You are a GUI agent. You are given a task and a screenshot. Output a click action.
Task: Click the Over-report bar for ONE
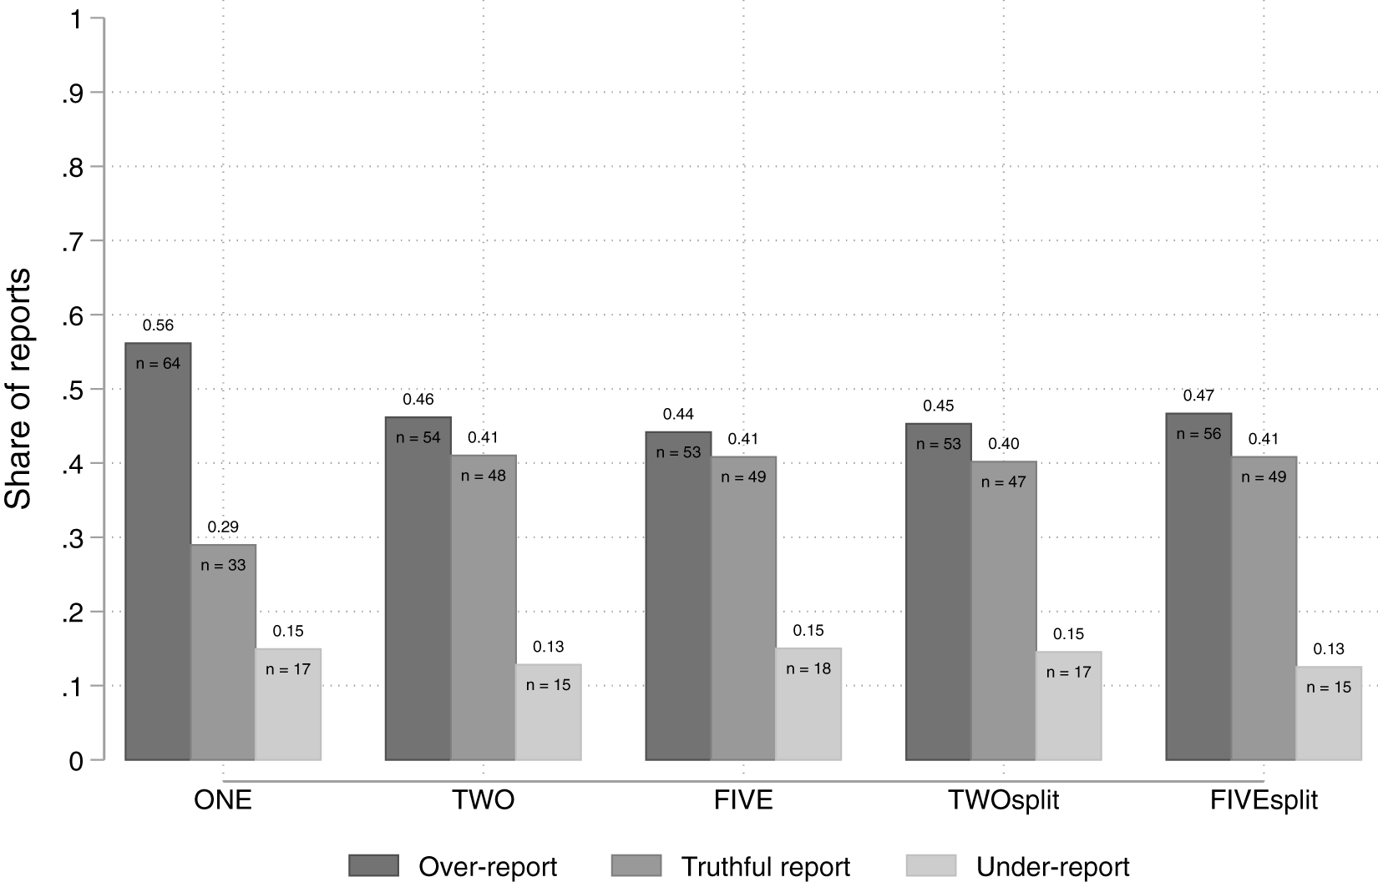pos(158,552)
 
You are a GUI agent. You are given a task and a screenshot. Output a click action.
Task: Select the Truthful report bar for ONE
pos(223,653)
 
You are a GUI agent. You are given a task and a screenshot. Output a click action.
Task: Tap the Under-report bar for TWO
pos(548,712)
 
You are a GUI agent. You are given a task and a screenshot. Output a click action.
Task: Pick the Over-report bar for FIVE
pos(678,596)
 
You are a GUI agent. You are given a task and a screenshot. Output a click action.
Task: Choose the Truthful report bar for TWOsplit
pos(1004,611)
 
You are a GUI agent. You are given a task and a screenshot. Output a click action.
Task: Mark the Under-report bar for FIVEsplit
pos(1329,713)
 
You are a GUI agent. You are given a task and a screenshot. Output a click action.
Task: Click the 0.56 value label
pos(158,325)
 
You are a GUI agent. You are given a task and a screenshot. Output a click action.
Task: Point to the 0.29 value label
pos(223,527)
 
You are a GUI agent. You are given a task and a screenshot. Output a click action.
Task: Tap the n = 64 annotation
pos(158,364)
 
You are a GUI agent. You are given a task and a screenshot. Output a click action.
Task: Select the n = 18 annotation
pos(808,668)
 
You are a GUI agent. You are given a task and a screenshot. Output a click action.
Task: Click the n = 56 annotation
pos(1198,434)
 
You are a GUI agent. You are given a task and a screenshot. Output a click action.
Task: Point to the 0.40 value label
pos(1004,444)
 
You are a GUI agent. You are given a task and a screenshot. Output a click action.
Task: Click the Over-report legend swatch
pos(373,865)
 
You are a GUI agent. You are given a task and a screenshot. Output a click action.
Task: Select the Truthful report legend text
pos(766,867)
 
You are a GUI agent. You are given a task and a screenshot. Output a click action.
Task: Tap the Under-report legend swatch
pos(931,865)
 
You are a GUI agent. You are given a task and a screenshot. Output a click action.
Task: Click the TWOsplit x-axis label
pos(1004,800)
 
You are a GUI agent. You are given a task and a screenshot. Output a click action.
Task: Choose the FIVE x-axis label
pos(743,800)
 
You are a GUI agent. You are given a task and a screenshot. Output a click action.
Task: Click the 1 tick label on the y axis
pos(76,20)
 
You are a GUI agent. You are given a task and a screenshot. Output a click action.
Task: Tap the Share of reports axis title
pos(18,389)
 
